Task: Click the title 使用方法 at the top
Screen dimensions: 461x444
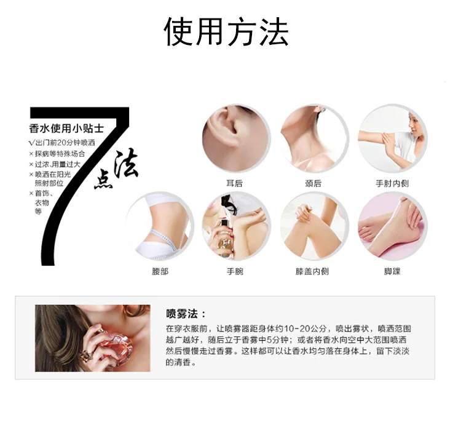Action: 226,32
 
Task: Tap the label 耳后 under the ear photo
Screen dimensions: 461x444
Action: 234,184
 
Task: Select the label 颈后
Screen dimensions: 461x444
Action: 313,184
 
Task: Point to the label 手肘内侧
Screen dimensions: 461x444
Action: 392,184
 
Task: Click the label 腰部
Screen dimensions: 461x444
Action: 160,271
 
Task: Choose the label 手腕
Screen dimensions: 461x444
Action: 235,271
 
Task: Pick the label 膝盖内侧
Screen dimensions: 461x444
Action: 312,271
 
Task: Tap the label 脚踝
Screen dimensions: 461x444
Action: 392,271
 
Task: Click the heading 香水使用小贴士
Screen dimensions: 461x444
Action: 66,129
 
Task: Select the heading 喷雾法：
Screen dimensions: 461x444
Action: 186,314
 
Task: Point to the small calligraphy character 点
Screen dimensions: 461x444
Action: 103,179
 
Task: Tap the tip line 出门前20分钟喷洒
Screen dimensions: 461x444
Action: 62,143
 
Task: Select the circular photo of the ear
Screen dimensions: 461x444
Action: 236,138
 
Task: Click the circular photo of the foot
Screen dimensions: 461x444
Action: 393,226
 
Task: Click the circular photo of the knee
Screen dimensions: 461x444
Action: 314,226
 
